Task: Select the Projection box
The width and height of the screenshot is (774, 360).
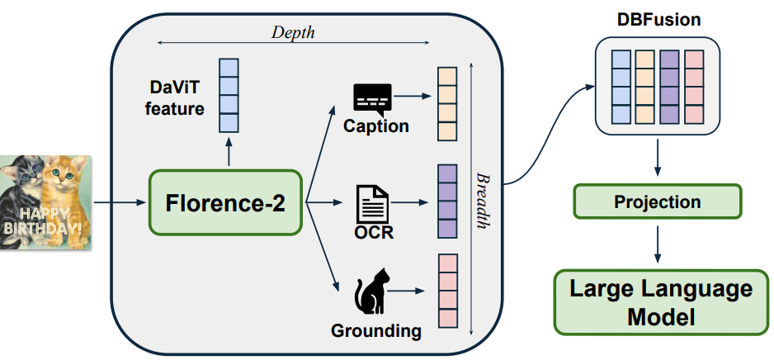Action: pyautogui.click(x=658, y=202)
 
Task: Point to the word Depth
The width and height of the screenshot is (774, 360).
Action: pyautogui.click(x=293, y=32)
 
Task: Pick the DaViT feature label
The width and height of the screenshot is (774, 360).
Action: pyautogui.click(x=177, y=97)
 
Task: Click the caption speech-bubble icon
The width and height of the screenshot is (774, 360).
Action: pyautogui.click(x=372, y=99)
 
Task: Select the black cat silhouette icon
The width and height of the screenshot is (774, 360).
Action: pyautogui.click(x=371, y=294)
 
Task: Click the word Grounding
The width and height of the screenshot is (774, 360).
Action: pyautogui.click(x=375, y=332)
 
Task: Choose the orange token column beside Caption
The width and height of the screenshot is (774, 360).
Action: pyautogui.click(x=446, y=103)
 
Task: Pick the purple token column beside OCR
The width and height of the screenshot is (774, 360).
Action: pyautogui.click(x=446, y=201)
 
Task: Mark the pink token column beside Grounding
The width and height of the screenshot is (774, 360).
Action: pyautogui.click(x=446, y=291)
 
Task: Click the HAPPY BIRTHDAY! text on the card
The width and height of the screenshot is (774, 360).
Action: pyautogui.click(x=41, y=225)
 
